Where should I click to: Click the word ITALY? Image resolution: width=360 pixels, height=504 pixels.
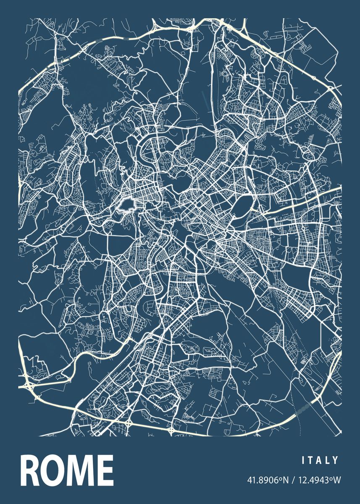pyautogui.click(x=320, y=461)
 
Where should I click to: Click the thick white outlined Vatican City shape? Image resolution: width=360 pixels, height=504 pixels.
pyautogui.click(x=126, y=205)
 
